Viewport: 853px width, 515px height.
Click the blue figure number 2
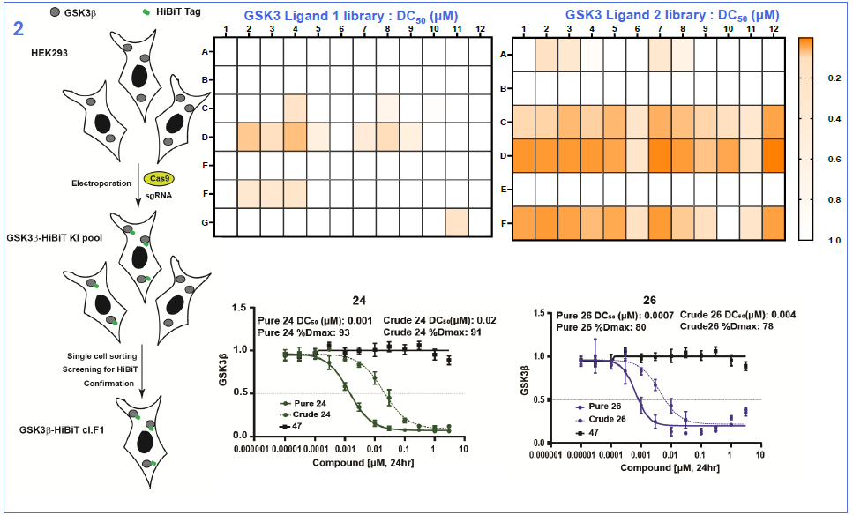pyautogui.click(x=19, y=28)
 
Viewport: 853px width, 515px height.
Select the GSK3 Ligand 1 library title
pyautogui.click(x=352, y=15)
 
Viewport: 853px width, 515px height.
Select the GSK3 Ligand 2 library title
pyautogui.click(x=672, y=15)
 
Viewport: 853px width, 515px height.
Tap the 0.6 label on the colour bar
pyautogui.click(x=833, y=160)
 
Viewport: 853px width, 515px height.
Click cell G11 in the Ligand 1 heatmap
pyautogui.click(x=456, y=222)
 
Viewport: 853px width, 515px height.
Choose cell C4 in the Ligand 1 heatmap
pyautogui.click(x=294, y=108)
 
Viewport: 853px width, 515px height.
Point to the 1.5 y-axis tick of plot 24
pyautogui.click(x=236, y=309)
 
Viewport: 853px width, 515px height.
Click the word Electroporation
pyautogui.click(x=101, y=183)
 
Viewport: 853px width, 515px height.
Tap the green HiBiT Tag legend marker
pyautogui.click(x=122, y=14)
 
